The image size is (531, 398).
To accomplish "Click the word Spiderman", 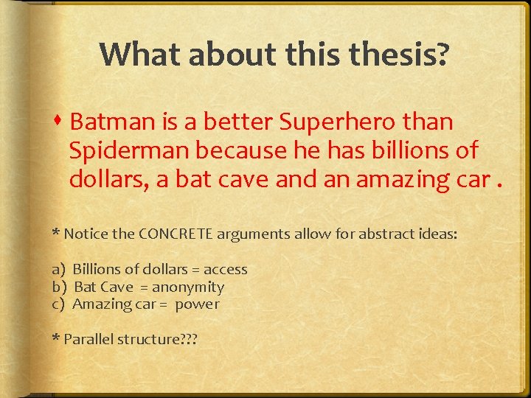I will pos(130,150).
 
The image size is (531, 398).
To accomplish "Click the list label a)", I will pos(58,270).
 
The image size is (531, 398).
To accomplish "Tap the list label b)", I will pos(58,287).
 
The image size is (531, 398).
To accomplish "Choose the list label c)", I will pos(58,304).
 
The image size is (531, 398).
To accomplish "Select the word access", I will pos(225,270).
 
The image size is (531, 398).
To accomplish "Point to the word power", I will pos(197,304).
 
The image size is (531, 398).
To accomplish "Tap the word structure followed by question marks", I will pos(147,340).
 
